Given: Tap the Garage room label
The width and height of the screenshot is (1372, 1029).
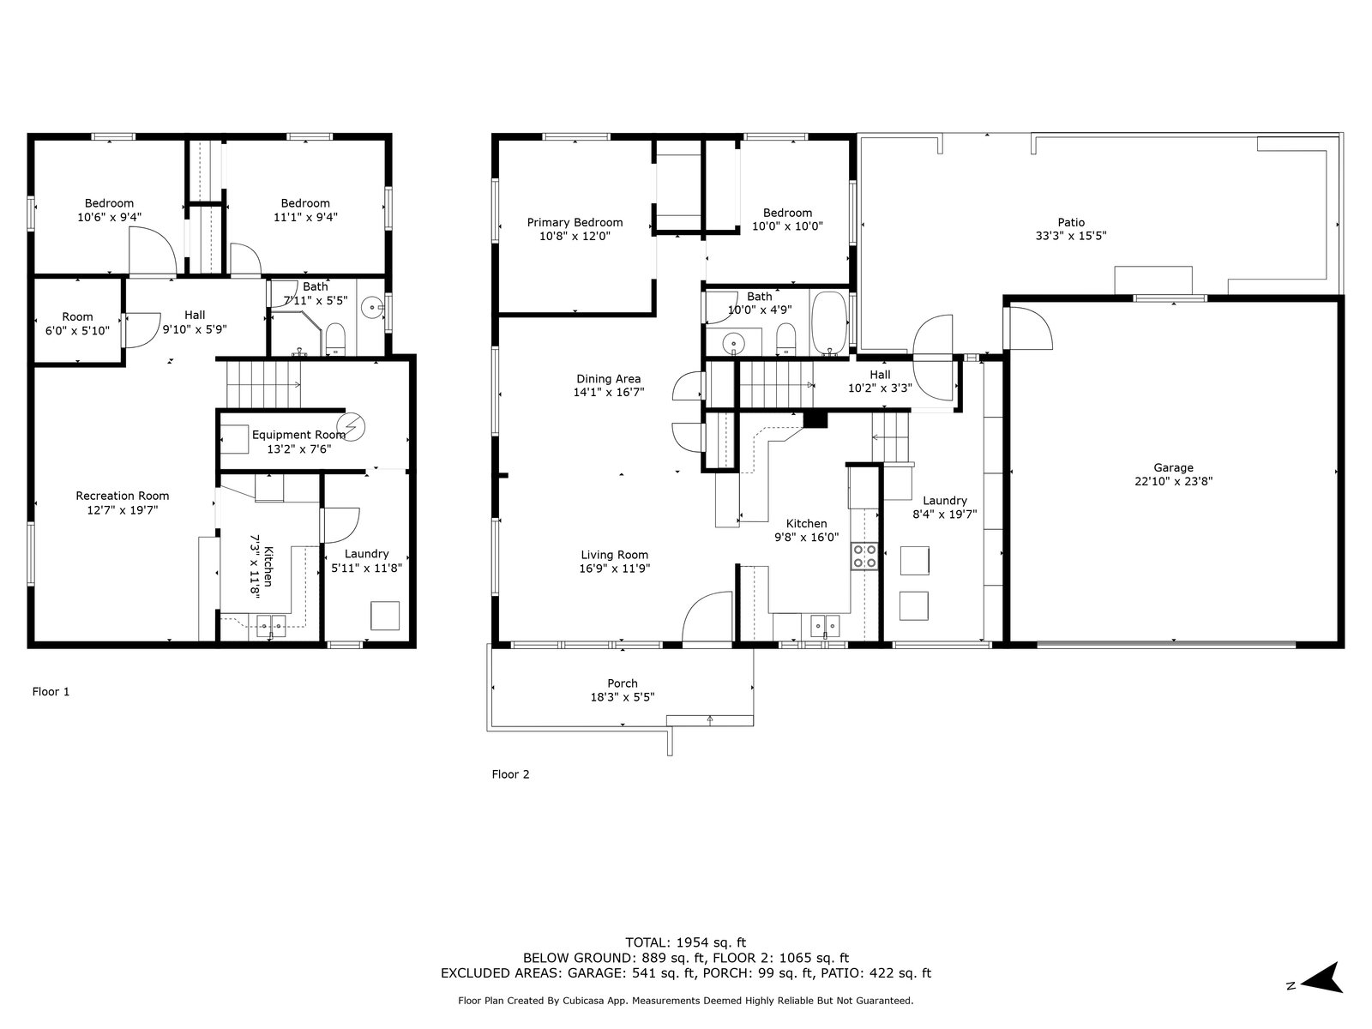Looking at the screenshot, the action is (1173, 467).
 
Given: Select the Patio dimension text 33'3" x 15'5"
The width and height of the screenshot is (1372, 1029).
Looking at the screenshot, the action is (1071, 236).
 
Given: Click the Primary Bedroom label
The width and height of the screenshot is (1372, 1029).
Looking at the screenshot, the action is (575, 222).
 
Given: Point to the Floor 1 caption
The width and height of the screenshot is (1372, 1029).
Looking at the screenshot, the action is (51, 691).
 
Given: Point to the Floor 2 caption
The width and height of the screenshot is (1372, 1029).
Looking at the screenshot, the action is (510, 774).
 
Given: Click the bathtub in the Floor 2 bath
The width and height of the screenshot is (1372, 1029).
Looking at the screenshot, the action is (829, 323).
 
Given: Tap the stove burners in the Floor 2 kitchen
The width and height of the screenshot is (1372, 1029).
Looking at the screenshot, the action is (864, 556).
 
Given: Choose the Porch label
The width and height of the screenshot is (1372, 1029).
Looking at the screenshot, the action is (622, 683).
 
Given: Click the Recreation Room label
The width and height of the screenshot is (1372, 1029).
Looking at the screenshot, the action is (123, 496).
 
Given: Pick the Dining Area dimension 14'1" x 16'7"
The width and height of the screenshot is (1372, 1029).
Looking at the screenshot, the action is (608, 392).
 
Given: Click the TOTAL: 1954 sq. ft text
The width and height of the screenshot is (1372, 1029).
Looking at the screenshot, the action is (685, 942).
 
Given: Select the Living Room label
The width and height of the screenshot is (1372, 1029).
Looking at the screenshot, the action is (615, 554).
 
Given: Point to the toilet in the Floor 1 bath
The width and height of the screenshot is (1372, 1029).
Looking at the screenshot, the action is (335, 338).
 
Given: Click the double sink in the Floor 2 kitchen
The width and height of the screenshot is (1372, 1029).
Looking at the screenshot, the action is (825, 625).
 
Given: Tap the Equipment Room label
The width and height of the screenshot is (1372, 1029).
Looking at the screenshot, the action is (298, 434).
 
